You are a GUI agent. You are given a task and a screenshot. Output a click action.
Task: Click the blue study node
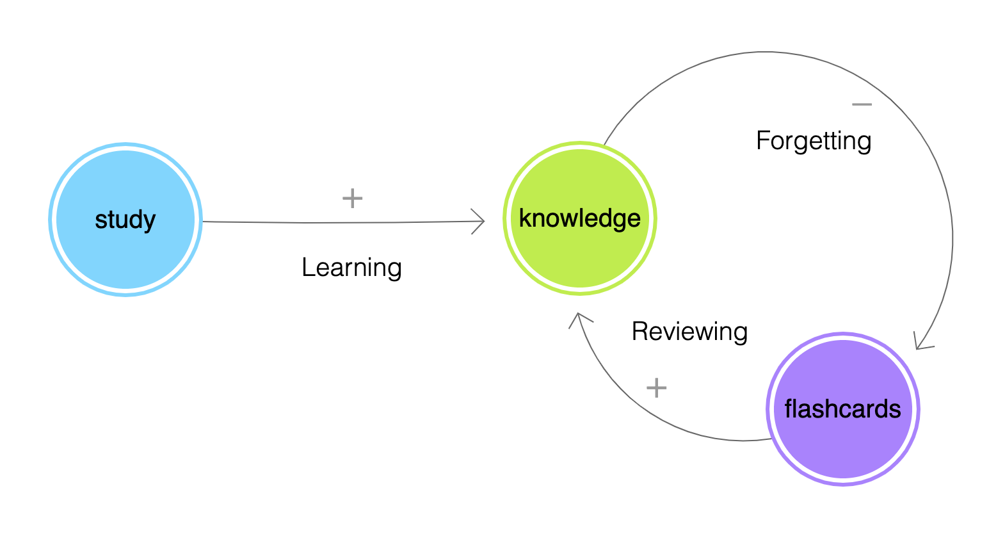(x=125, y=220)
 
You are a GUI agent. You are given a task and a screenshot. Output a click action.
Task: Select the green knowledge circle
(x=580, y=218)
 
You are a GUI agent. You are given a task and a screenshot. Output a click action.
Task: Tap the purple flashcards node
(x=843, y=409)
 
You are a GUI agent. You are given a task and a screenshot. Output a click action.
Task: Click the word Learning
(x=352, y=268)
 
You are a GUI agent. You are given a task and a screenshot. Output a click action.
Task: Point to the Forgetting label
(x=814, y=141)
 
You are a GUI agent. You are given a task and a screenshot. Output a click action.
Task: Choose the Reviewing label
(x=689, y=332)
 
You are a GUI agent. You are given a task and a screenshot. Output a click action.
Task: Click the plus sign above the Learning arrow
(x=352, y=199)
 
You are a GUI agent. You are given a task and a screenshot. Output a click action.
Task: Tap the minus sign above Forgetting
(x=862, y=104)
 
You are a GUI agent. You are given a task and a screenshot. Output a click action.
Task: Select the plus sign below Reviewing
(x=656, y=388)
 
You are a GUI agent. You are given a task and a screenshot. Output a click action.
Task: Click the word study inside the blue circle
(x=125, y=220)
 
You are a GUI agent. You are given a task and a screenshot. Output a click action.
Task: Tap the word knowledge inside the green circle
(x=580, y=218)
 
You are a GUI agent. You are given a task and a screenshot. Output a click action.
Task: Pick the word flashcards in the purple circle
(x=842, y=409)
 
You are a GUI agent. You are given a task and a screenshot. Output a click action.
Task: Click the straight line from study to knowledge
(x=343, y=223)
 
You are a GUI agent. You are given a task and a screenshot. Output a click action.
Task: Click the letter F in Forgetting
(x=764, y=140)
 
